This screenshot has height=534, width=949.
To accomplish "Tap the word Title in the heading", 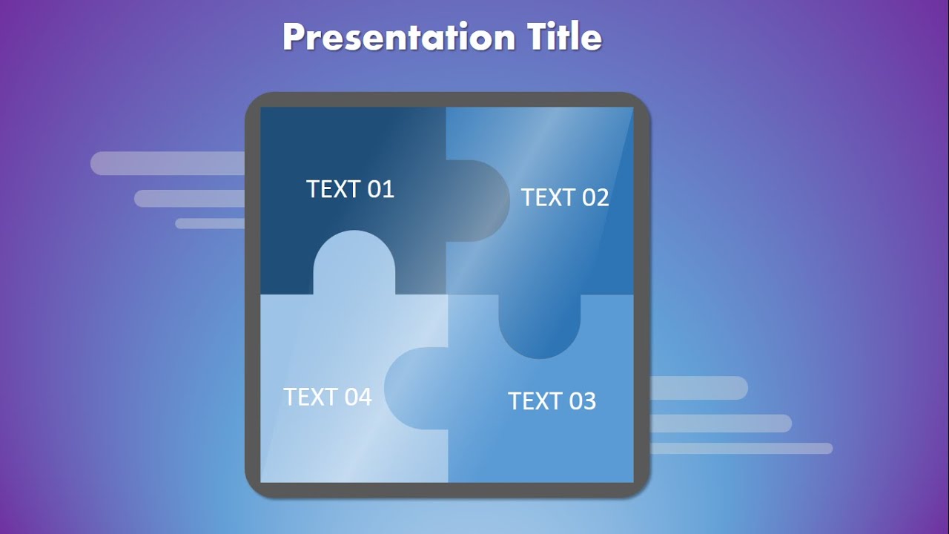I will [564, 37].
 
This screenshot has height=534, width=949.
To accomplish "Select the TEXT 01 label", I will [350, 189].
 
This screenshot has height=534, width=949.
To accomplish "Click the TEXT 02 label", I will [564, 197].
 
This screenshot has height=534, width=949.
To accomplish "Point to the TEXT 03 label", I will [552, 400].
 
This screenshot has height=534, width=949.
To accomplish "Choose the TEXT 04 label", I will [327, 397].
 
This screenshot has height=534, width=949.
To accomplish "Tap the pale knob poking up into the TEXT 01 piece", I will [354, 261].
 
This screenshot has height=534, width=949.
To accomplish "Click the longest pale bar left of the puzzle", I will [168, 163].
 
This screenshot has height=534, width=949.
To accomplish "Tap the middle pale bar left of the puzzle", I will [190, 198].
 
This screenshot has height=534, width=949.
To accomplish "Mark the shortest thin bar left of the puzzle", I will [210, 223].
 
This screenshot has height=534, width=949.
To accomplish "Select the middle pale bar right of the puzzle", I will [720, 423].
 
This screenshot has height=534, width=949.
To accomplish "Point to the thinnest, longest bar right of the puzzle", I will [741, 448].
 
